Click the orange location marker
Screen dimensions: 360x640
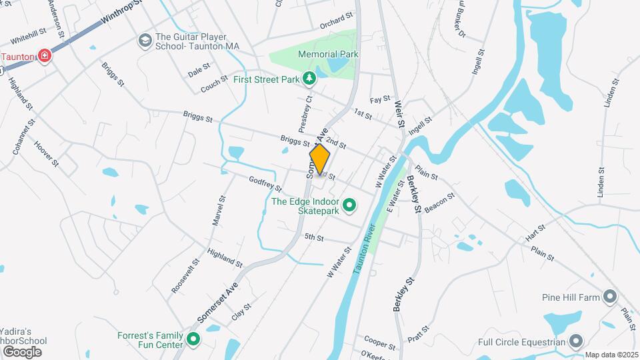pos(320,160)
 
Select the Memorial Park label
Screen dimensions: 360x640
pos(329,54)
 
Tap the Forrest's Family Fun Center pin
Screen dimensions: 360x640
pos(193,340)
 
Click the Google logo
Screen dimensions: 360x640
pos(21,351)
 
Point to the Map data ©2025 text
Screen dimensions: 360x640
pos(611,355)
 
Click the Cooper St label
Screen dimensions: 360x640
pos(380,342)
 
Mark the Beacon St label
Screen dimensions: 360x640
pos(439,203)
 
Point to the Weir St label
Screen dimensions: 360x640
pos(399,113)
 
